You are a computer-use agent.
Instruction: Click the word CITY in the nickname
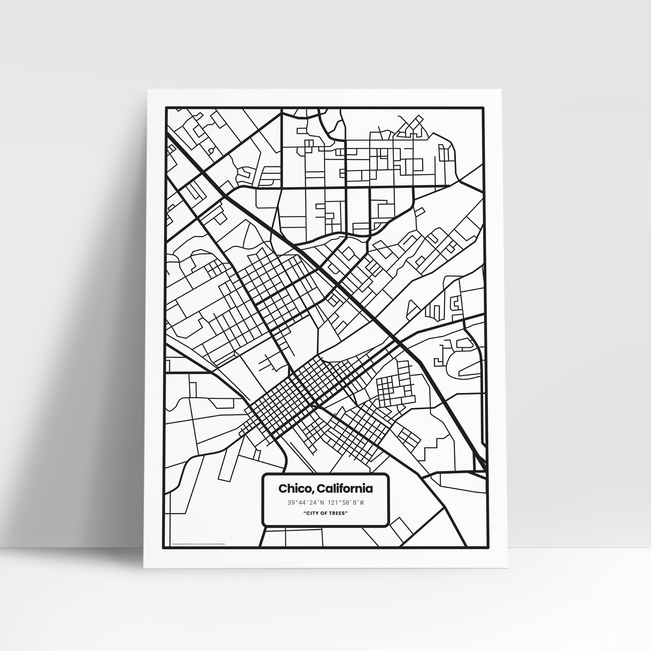(x=312, y=523)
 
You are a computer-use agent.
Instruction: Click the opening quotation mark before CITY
(x=304, y=522)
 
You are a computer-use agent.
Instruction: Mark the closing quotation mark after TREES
(x=346, y=522)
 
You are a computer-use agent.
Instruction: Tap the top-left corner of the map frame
(x=166, y=108)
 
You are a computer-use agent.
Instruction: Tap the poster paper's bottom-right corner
(x=509, y=577)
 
